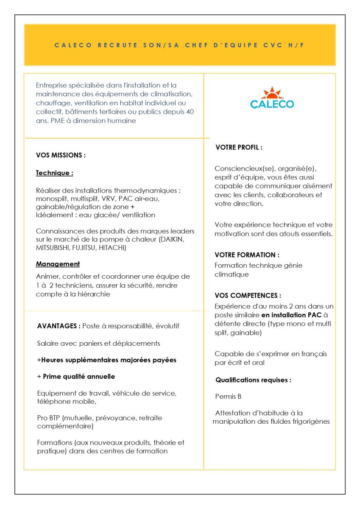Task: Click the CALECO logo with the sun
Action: tap(272, 98)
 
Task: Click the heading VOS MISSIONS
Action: tap(61, 155)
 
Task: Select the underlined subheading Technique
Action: tap(54, 173)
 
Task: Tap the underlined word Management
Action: tap(58, 264)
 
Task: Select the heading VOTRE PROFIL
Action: tap(239, 148)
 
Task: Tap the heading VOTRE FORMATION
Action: tap(247, 255)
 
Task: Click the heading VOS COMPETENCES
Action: tap(248, 296)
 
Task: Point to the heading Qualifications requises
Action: tap(253, 380)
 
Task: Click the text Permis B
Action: tap(228, 397)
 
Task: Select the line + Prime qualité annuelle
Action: tap(76, 377)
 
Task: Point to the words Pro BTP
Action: tap(49, 418)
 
